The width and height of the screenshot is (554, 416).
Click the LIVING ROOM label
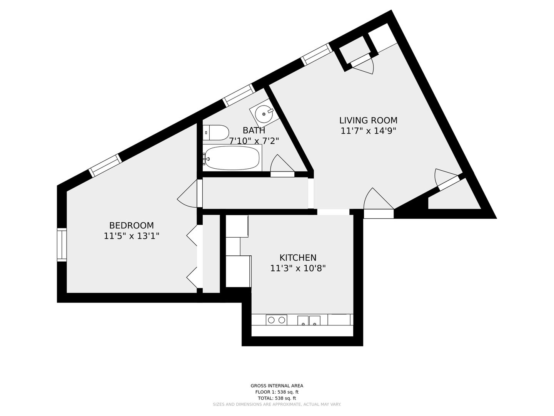[x=368, y=120]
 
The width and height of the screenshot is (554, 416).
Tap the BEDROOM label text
[x=132, y=225]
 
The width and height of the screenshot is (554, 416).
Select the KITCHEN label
[x=298, y=258]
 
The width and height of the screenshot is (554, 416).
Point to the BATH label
[x=254, y=130]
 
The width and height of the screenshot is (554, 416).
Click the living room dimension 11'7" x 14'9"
[x=368, y=131]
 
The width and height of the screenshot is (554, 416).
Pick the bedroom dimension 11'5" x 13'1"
[x=132, y=236]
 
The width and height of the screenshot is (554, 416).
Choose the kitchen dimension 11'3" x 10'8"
[x=298, y=268]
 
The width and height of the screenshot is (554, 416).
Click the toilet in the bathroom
[x=216, y=133]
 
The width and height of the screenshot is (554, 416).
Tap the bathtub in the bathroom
[x=232, y=158]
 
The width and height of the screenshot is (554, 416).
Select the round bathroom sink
[x=264, y=114]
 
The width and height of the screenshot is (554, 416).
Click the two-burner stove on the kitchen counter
[x=276, y=320]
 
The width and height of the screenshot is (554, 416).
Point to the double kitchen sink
[x=309, y=320]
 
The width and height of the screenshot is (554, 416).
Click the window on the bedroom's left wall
[x=62, y=245]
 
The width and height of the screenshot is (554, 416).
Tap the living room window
[x=317, y=54]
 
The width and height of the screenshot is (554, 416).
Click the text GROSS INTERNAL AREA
[x=277, y=386]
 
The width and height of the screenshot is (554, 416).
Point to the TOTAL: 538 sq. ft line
[x=277, y=398]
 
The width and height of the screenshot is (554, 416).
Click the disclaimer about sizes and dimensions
[x=277, y=404]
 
